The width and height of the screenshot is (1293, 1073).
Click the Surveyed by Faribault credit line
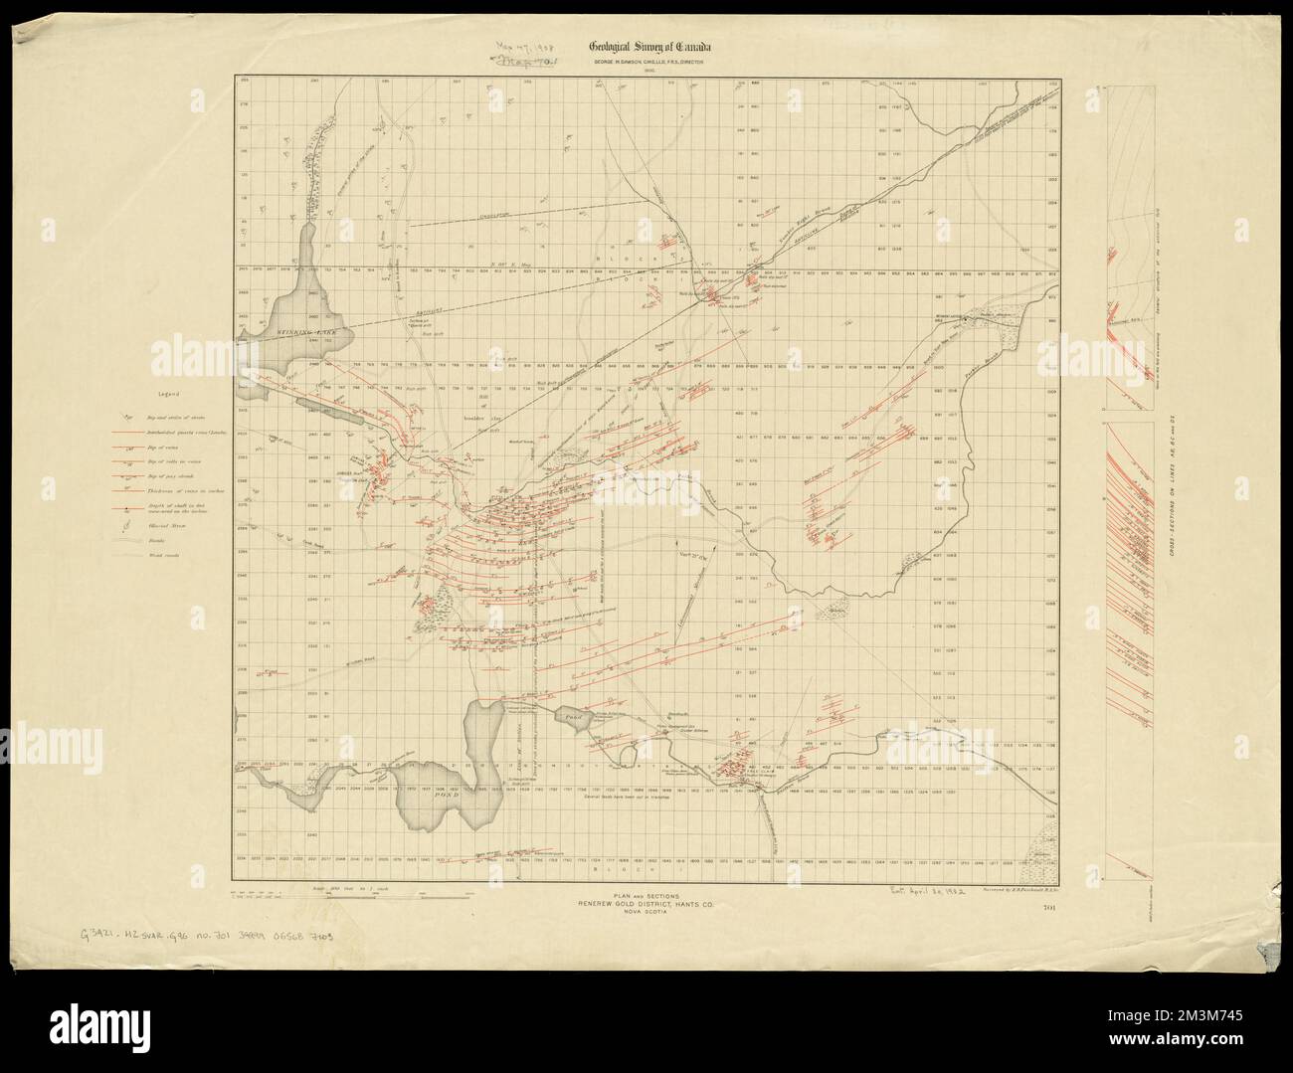tap(1012, 891)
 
